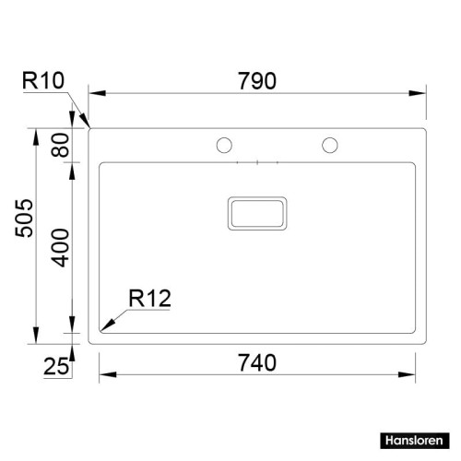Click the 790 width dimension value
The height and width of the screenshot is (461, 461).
(x=257, y=81)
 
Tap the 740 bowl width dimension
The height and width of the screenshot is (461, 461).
(x=257, y=362)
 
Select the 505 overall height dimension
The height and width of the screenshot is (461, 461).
(x=25, y=230)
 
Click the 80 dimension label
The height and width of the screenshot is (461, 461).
(x=62, y=144)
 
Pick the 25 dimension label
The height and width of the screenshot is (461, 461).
(x=57, y=367)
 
